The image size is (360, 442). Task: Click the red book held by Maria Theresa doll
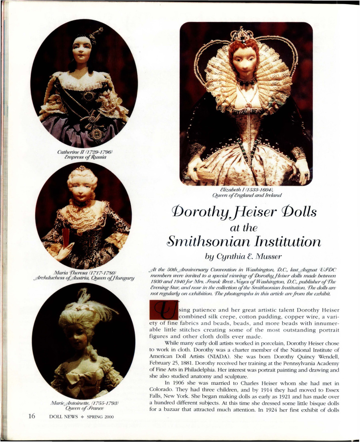click(x=66, y=237)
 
